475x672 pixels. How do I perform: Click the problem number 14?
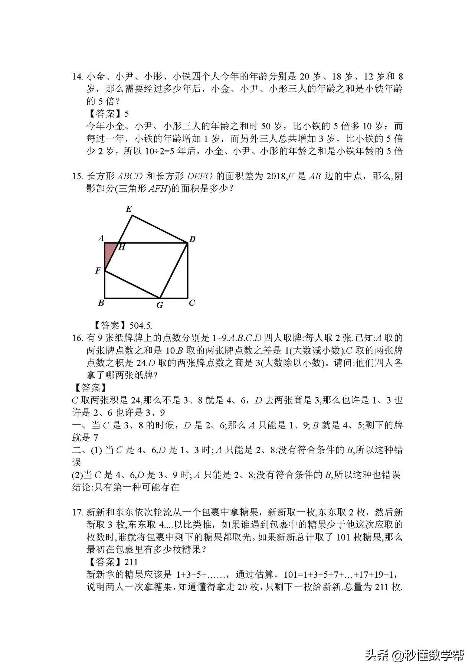pos(77,77)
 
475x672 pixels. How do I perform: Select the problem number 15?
pos(77,176)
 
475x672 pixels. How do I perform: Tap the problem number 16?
pos(77,338)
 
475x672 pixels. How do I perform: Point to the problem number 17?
pos(77,513)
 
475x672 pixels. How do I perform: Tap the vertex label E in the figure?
pos(129,209)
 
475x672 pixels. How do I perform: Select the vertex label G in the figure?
pos(160,306)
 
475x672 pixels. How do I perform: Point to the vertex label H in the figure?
pos(121,247)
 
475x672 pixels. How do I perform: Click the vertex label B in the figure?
pos(101,303)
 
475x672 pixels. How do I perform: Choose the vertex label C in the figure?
pos(192,303)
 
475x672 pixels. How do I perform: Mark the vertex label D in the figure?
pos(192,239)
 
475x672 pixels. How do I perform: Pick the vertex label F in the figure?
pos(98,271)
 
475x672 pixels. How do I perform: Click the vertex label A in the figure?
pos(101,238)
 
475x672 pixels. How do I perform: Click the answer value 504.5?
pos(141,326)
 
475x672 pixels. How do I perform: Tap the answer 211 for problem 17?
pos(131,562)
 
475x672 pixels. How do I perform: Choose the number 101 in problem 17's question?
pos(343,538)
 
